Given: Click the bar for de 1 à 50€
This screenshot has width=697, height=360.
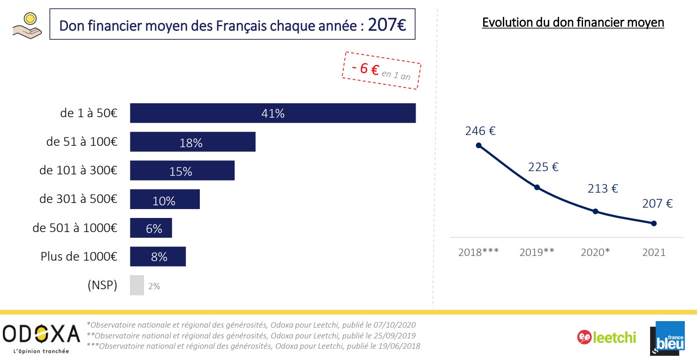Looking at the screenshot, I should pos(273,113).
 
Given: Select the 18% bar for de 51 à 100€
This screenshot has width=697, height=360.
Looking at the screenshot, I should pos(192,142).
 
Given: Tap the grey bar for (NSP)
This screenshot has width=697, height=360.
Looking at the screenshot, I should pos(136,285).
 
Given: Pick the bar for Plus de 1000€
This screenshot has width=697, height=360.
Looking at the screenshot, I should pos(158,256).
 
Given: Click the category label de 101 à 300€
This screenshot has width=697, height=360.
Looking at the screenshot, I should pos(78,171).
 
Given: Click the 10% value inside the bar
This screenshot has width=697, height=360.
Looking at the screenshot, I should pos(164,201).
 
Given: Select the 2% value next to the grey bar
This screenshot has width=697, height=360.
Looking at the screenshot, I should pos(154,286).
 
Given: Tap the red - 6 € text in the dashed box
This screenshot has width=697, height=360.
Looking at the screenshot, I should pos(366,69).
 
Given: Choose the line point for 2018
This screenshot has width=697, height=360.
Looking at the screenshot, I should pos(478,145).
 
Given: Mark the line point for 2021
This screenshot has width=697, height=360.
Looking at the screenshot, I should pos(654,223).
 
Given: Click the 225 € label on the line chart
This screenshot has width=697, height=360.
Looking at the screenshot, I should pos(543,167).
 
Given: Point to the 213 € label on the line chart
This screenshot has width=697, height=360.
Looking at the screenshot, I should pos(603,189).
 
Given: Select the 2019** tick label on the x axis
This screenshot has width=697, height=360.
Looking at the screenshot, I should pos(537,252).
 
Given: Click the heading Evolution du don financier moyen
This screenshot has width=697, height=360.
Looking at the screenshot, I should pos(573,22).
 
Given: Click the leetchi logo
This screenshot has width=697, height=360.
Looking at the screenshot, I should pos(606,337).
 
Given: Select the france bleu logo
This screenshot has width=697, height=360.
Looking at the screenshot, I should pos(667,337).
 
